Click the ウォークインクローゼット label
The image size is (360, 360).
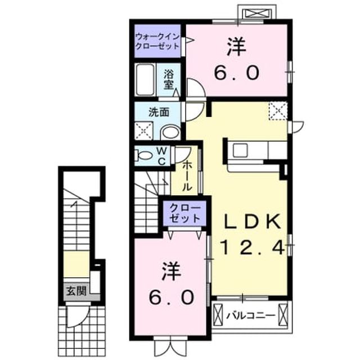tap(157, 41)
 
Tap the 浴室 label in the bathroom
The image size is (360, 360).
tap(169, 79)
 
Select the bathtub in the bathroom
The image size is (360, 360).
tap(145, 80)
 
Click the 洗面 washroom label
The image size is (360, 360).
tap(159, 112)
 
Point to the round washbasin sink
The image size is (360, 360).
tap(170, 133)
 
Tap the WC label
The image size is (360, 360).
tap(162, 156)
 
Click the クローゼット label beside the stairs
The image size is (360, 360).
tap(184, 213)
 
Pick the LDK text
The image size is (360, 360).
tap(253, 221)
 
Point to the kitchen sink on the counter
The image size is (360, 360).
tap(240, 150)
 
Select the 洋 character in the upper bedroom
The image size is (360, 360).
tap(236, 47)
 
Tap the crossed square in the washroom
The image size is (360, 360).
tap(144, 130)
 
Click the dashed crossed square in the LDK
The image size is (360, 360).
tap(278, 111)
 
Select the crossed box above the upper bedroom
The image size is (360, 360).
tap(257, 14)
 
